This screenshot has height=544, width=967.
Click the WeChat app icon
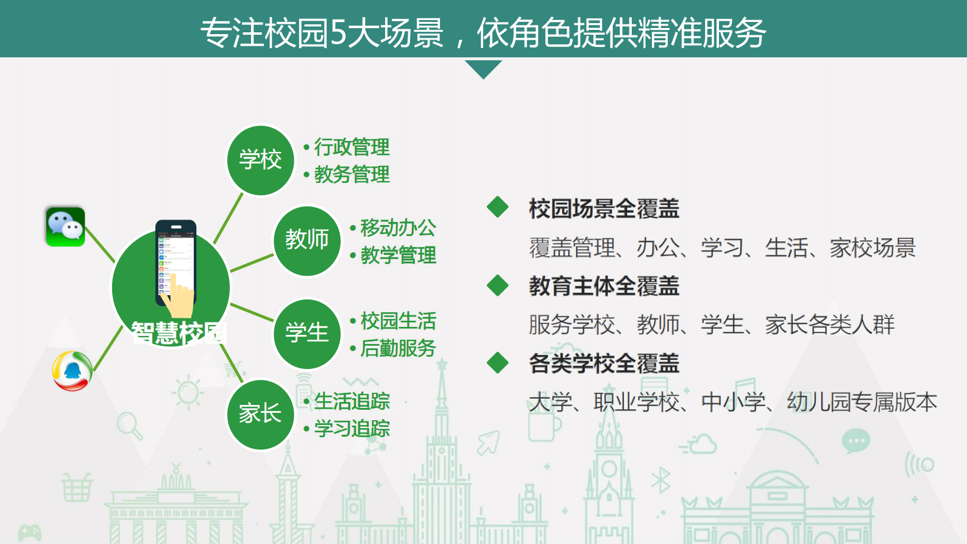65,227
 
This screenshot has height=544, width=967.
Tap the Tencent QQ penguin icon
72,371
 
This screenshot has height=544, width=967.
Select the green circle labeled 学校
260,160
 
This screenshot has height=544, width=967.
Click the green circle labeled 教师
306,240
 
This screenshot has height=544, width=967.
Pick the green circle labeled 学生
306,333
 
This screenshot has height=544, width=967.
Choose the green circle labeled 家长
260,414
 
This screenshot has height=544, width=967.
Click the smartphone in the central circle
175,262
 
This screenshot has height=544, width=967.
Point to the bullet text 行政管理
352,147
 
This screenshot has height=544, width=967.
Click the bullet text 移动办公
398,227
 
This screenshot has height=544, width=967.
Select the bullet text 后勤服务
398,348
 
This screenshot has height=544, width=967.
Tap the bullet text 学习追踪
352,429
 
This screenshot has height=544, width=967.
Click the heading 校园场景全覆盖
603,209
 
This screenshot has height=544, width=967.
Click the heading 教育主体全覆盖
603,286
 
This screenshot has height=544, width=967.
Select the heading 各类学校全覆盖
603,363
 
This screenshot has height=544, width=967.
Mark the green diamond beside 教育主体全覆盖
498,285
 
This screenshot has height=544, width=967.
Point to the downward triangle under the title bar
483,68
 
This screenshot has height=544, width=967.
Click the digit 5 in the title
338,33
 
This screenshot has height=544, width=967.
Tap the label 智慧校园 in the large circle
179,333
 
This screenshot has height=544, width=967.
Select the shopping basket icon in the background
76,487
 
